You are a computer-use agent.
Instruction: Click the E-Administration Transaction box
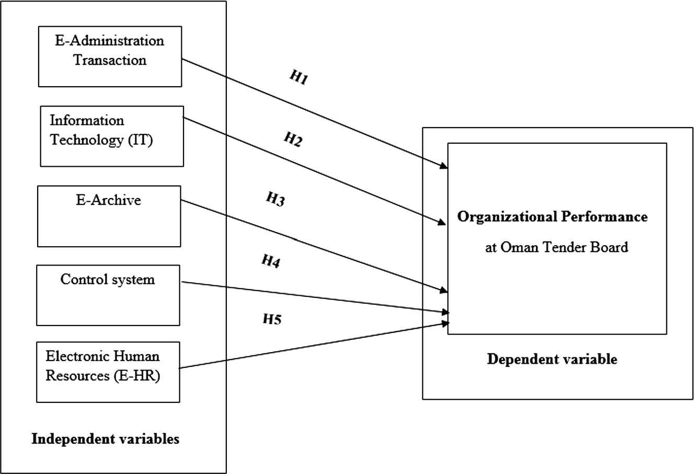(110, 56)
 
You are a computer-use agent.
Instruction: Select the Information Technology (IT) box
(112, 136)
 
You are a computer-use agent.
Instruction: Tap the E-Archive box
(109, 216)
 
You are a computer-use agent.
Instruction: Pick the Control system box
(108, 295)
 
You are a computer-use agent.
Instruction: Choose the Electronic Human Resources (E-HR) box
(108, 372)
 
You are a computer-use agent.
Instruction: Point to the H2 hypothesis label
(293, 140)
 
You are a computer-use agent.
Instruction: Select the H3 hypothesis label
(275, 199)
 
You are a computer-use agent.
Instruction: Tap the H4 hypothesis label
(271, 261)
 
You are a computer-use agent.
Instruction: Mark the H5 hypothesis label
(272, 319)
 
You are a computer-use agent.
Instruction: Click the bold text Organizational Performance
(552, 217)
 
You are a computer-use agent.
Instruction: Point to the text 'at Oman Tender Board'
(557, 247)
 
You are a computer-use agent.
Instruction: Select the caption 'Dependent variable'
(552, 360)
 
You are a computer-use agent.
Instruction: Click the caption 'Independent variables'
(106, 439)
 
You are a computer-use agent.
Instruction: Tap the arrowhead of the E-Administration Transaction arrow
(444, 167)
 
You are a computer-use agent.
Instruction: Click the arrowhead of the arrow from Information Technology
(442, 223)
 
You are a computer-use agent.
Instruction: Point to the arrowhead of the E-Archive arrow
(444, 291)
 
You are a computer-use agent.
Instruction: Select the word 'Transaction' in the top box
(110, 60)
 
